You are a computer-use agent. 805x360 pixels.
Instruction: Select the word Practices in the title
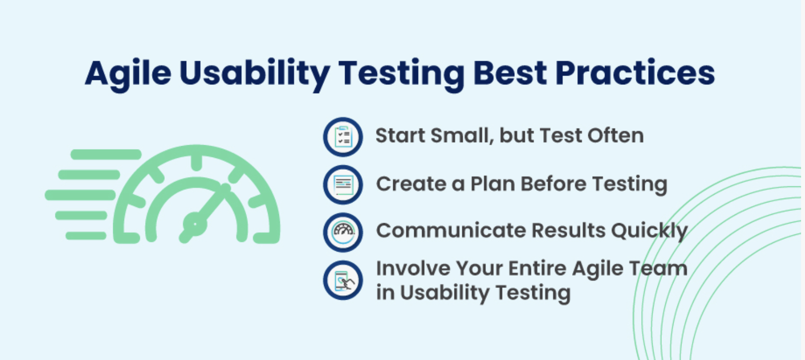coord(635,73)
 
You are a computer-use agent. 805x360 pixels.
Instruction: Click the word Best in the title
coord(510,73)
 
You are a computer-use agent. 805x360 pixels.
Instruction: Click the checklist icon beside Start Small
coord(343,137)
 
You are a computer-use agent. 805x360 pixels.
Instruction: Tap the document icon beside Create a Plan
coord(343,185)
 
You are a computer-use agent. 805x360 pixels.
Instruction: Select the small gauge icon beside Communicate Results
coord(343,232)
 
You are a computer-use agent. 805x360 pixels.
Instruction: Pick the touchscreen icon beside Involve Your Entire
coord(343,280)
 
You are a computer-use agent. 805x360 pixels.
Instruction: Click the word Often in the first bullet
coord(615,135)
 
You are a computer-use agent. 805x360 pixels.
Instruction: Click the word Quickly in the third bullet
coord(650,231)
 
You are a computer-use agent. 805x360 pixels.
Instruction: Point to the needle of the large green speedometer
coord(205,213)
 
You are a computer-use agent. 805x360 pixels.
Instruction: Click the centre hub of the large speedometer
coord(195,225)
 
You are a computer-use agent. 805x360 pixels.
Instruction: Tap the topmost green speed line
coord(106,154)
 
